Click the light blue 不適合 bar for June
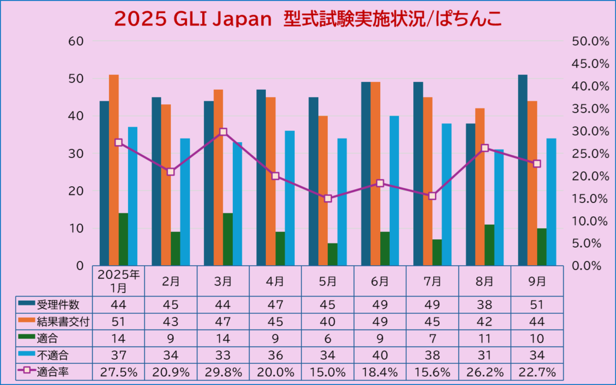pos(394,190)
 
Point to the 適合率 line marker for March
pos(223,132)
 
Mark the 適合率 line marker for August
pos(485,148)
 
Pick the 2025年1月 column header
pos(119,281)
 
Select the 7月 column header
pos(432,281)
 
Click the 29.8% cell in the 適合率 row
pos(223,371)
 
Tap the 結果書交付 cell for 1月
pos(119,321)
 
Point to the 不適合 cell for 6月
pos(380,354)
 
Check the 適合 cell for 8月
pos(484,337)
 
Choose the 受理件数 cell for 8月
pos(484,304)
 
